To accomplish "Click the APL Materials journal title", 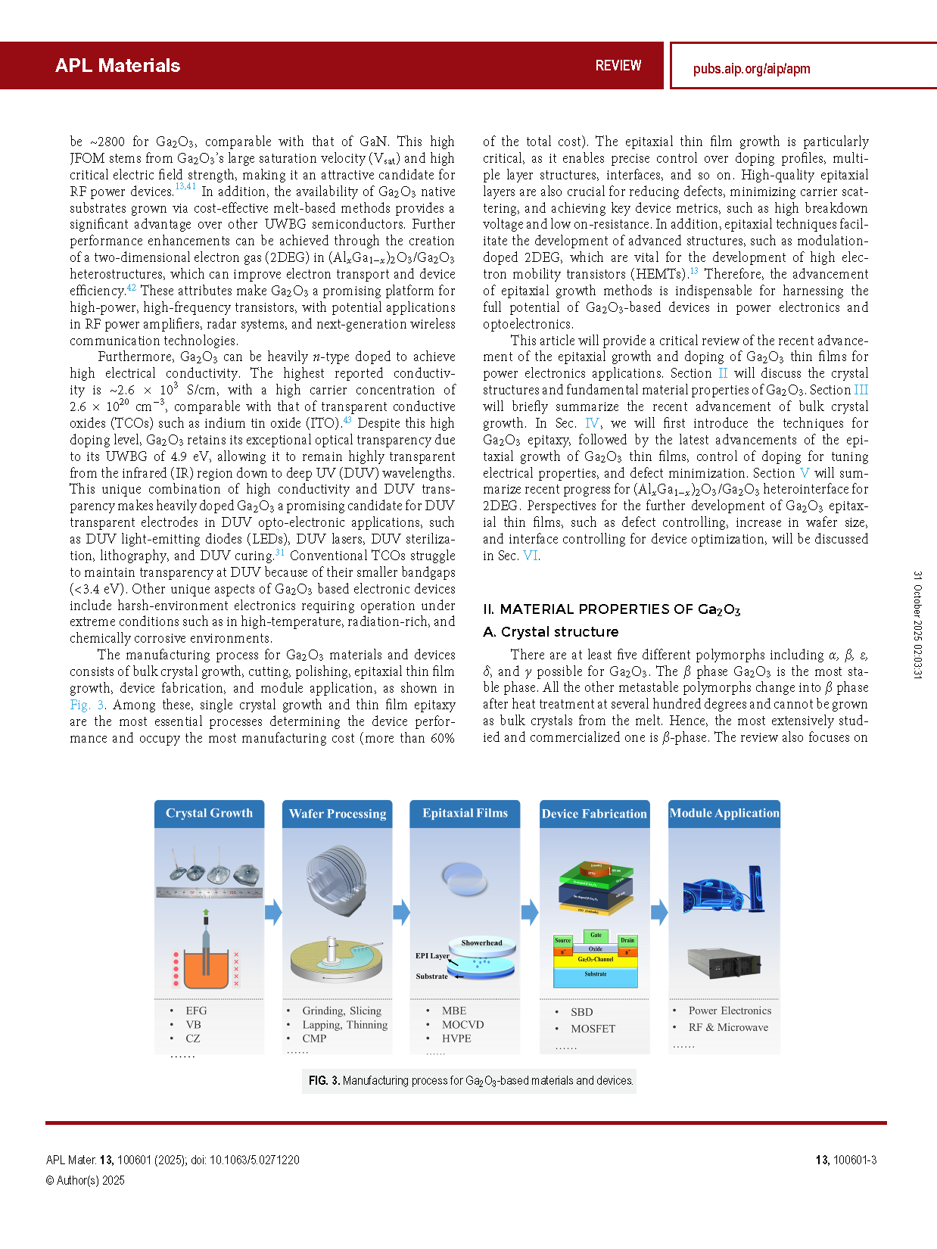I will (117, 65).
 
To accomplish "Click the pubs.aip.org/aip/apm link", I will (751, 69).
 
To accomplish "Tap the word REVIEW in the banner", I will (618, 66).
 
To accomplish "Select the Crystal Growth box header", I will (209, 813).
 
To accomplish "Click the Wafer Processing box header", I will (338, 814).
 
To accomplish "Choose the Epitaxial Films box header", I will (465, 813).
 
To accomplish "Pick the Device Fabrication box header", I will (594, 814).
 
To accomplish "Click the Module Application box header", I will (724, 813).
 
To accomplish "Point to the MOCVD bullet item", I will (462, 1024).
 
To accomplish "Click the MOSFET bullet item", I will (593, 1029).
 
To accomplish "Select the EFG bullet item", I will (196, 1011).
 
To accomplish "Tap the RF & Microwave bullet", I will (728, 1027).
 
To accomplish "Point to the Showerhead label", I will (481, 943).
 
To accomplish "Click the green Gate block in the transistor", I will (596, 935).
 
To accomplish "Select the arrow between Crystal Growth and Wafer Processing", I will (272, 912).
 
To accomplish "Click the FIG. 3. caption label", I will (323, 1081).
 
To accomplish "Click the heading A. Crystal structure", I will (550, 632).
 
